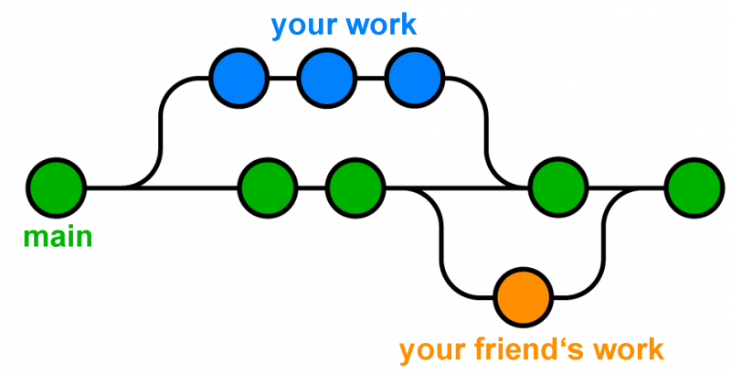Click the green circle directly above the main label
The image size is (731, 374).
56,188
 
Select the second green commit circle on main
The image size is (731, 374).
268,188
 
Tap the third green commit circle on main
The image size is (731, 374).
355,188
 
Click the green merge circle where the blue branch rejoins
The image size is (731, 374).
558,188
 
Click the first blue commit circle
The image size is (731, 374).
238,79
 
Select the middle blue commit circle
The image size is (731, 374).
326,79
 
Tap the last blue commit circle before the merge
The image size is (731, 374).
414,79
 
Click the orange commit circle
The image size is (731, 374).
524,297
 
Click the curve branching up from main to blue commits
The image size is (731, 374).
162,128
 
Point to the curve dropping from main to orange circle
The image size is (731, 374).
442,247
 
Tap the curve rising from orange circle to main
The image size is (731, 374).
605,247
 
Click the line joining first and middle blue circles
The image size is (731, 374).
282,79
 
